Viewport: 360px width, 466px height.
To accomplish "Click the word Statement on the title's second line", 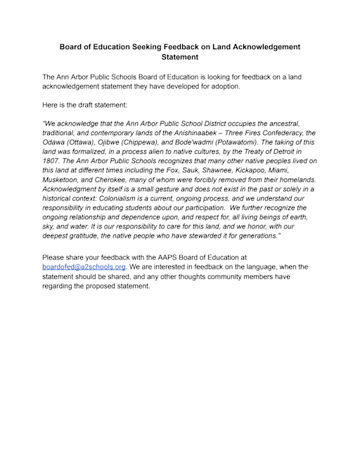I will pyautogui.click(x=180, y=57).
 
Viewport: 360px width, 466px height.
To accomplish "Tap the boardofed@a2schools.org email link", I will pyautogui.click(x=84, y=267).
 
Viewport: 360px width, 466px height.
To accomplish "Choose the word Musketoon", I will pyautogui.click(x=66, y=180).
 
